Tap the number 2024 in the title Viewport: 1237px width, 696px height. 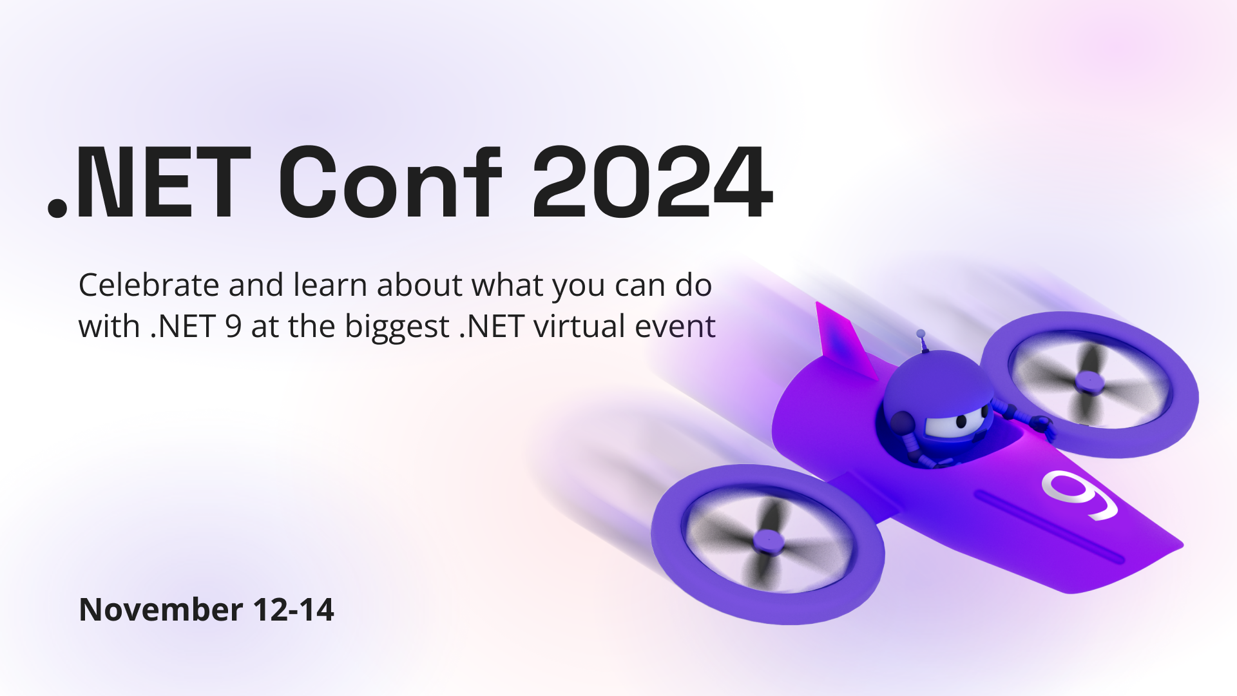tap(653, 182)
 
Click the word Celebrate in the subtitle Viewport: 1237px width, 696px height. tap(149, 285)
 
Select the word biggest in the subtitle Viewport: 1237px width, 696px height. tap(397, 328)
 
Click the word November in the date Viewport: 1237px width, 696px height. tap(160, 610)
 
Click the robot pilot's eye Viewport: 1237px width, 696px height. tap(961, 421)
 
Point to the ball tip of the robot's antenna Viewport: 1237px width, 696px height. tap(921, 334)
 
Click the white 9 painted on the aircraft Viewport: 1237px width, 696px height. tap(1079, 494)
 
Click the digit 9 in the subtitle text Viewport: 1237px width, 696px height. tap(233, 326)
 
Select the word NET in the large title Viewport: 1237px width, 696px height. tap(164, 182)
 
